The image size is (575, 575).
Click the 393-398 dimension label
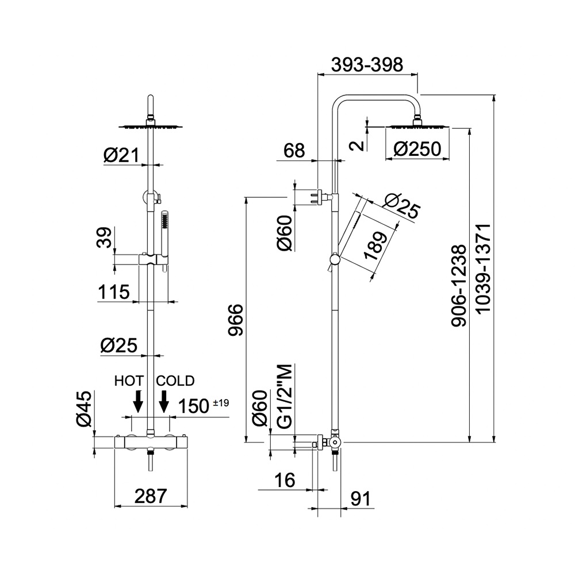tap(367, 64)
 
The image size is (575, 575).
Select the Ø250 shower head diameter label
tap(417, 149)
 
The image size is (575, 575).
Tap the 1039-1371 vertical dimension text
tap(484, 268)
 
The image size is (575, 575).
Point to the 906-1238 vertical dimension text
tap(459, 286)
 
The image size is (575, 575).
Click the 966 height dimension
tap(235, 319)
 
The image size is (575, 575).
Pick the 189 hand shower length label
tap(375, 246)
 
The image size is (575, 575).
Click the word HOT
tap(129, 381)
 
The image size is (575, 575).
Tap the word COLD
tap(175, 381)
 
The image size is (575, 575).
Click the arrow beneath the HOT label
tap(138, 401)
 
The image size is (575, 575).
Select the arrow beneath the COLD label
tap(164, 401)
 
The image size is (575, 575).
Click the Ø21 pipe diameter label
tap(121, 156)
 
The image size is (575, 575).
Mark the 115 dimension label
tap(114, 292)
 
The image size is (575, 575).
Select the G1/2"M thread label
tap(285, 396)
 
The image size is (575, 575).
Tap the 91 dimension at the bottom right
tap(361, 499)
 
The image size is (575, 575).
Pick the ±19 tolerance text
tap(221, 403)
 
